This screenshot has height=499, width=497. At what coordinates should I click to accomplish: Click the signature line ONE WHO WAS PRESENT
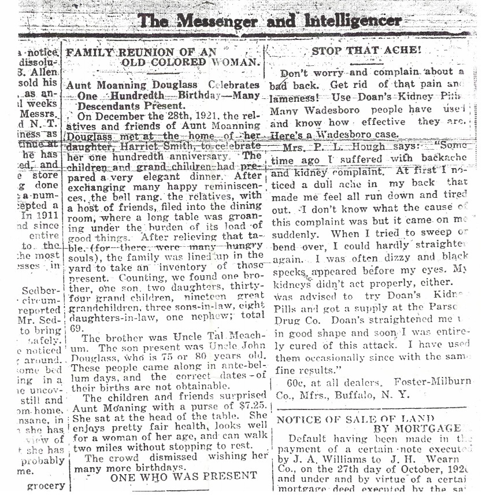tap(183, 477)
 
